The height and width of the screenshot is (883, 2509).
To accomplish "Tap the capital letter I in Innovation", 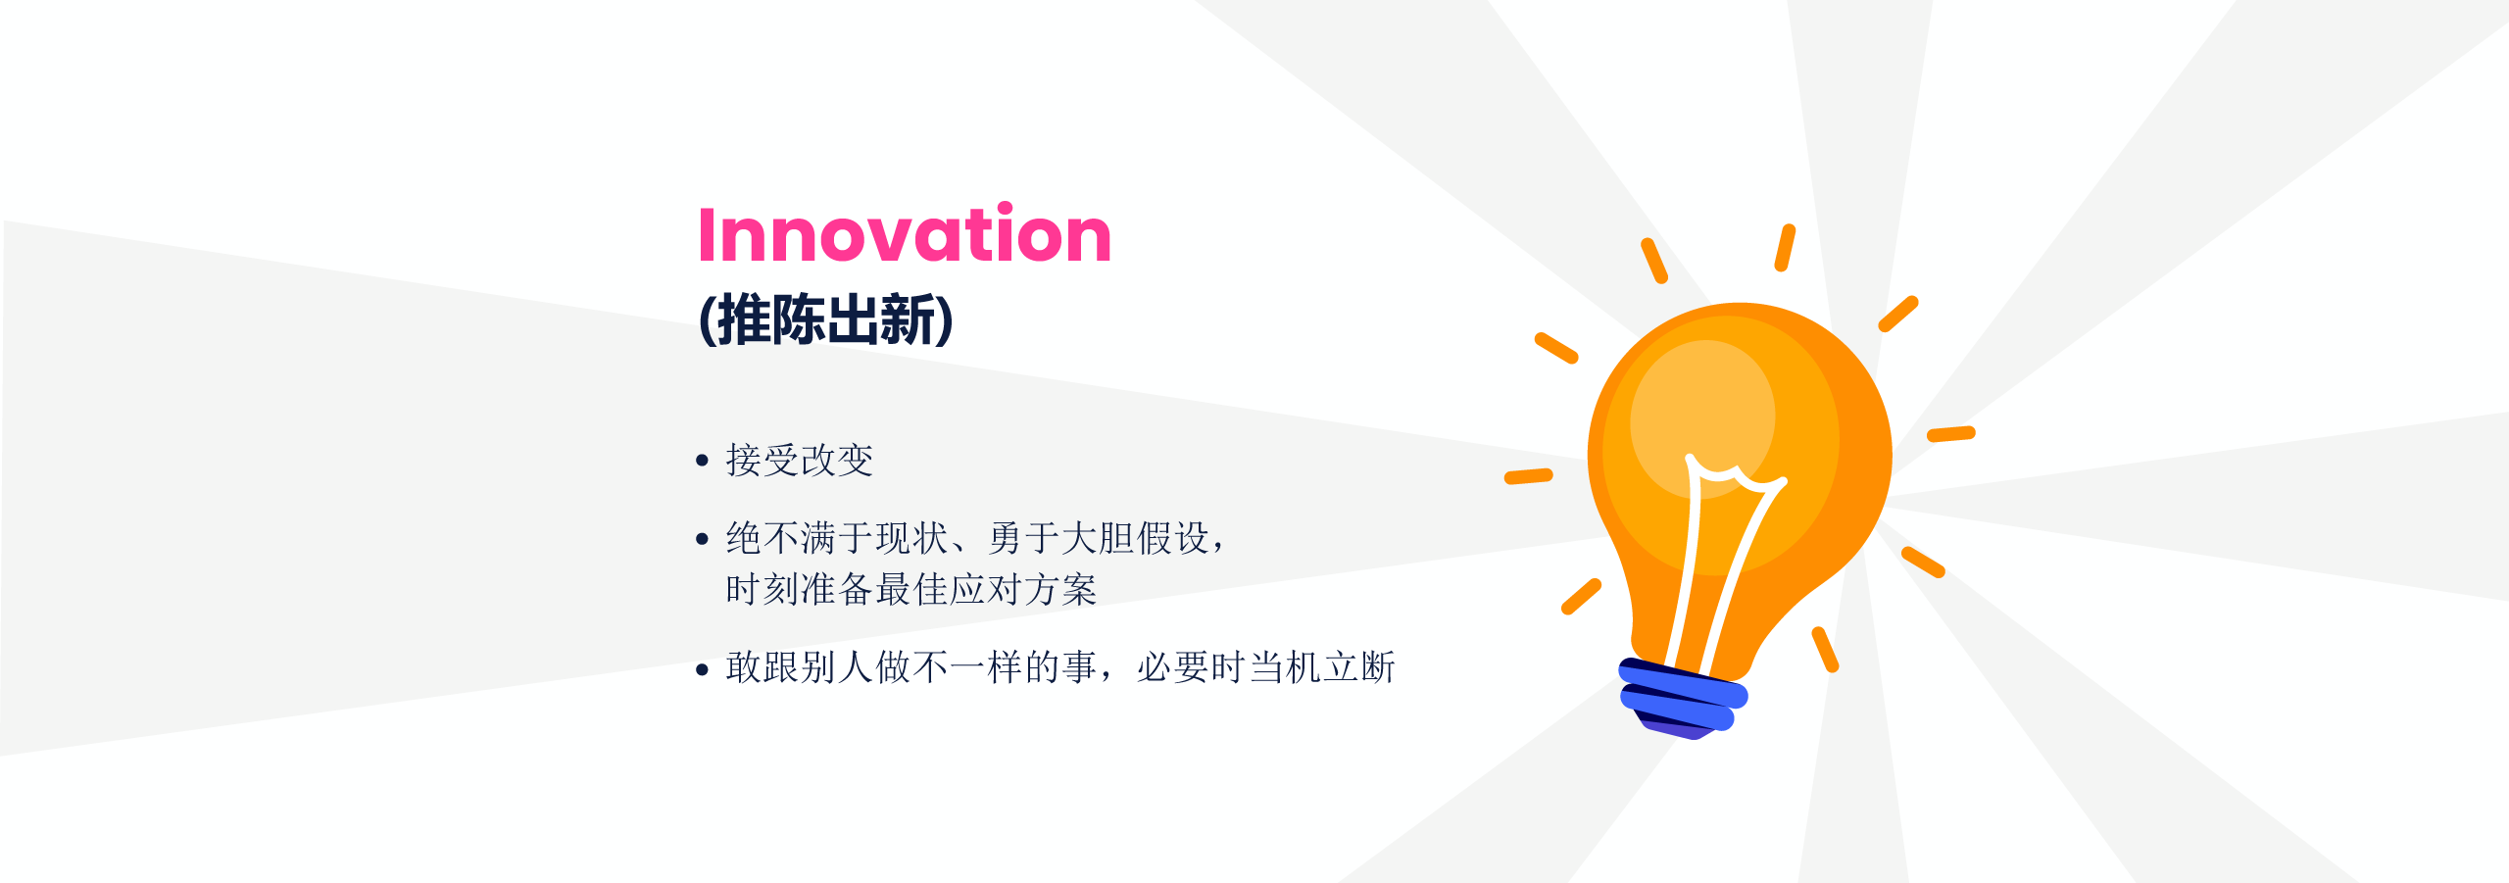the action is tap(707, 234).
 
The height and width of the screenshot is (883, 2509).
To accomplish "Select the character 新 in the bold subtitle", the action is tap(909, 319).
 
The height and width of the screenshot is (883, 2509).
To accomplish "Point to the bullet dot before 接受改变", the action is tap(702, 460).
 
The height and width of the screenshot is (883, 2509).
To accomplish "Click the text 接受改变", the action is tap(800, 460).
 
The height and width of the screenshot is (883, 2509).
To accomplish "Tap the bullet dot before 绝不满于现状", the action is tap(702, 538).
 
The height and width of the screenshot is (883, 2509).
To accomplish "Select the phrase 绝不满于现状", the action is tap(837, 538).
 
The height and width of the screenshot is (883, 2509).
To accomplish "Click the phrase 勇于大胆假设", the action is tap(1099, 538).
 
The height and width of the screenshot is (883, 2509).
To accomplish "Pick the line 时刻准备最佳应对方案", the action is tap(911, 589).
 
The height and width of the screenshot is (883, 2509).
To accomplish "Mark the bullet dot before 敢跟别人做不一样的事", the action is tap(702, 670).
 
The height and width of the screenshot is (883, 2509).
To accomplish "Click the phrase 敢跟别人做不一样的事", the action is tap(911, 667).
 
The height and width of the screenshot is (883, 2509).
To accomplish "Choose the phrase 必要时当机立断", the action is tap(1266, 667).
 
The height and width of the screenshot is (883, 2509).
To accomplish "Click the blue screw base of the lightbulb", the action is tap(1683, 695).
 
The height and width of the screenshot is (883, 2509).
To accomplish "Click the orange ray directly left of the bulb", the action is tap(1529, 476).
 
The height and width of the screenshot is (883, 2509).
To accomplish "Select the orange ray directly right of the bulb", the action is tap(1951, 433).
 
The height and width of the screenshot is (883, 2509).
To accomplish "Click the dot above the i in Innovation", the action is tap(1005, 209).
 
